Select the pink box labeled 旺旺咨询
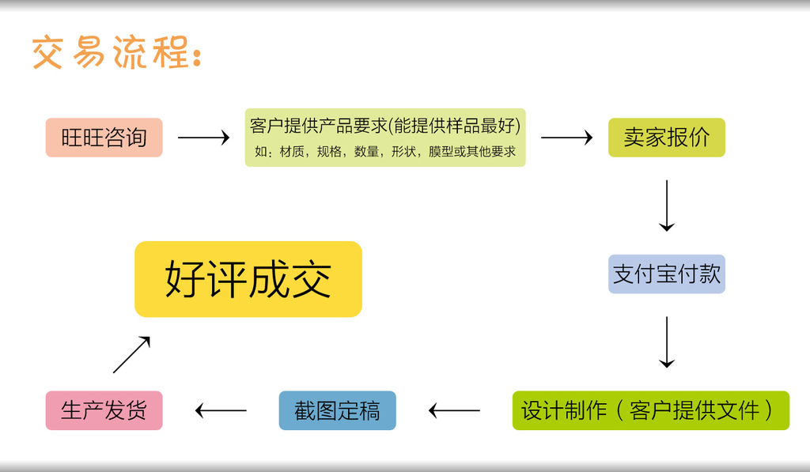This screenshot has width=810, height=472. tap(104, 138)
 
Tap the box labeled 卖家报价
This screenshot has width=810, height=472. tap(666, 138)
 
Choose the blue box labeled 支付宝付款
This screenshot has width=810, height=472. tap(666, 274)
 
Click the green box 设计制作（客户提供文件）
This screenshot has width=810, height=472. tap(650, 410)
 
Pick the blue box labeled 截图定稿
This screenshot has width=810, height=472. tap(337, 410)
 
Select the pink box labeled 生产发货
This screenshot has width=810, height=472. tap(104, 410)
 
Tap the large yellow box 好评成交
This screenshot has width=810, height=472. tap(248, 279)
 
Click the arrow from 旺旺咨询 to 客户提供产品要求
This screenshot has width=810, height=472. tap(203, 138)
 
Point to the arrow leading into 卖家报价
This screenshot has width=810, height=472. tap(566, 138)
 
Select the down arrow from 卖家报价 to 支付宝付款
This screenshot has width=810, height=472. tap(666, 206)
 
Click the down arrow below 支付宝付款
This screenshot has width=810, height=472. tap(666, 342)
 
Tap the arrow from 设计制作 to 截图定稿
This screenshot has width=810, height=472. tap(454, 410)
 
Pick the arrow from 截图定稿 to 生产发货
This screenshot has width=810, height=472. tap(221, 410)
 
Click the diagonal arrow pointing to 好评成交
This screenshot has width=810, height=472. tap(131, 354)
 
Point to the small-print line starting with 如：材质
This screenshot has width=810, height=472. tap(385, 151)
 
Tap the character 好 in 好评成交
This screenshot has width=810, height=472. tap(185, 279)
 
